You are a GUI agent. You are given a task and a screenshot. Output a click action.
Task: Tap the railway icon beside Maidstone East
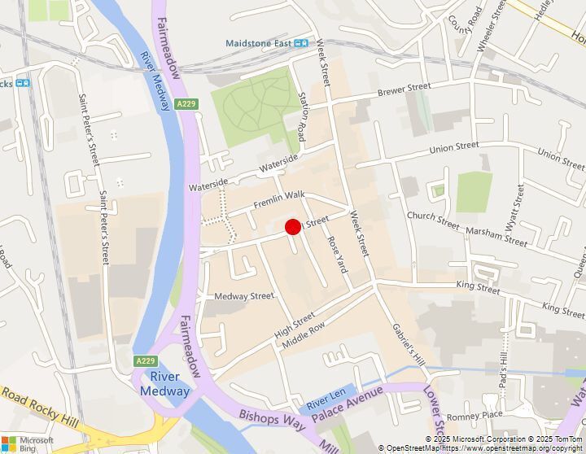point(301,43)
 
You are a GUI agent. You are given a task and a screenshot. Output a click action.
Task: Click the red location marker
point(293,229)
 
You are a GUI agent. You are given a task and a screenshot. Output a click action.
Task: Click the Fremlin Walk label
point(278,196)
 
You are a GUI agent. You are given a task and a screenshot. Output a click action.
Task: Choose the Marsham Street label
point(496,236)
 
